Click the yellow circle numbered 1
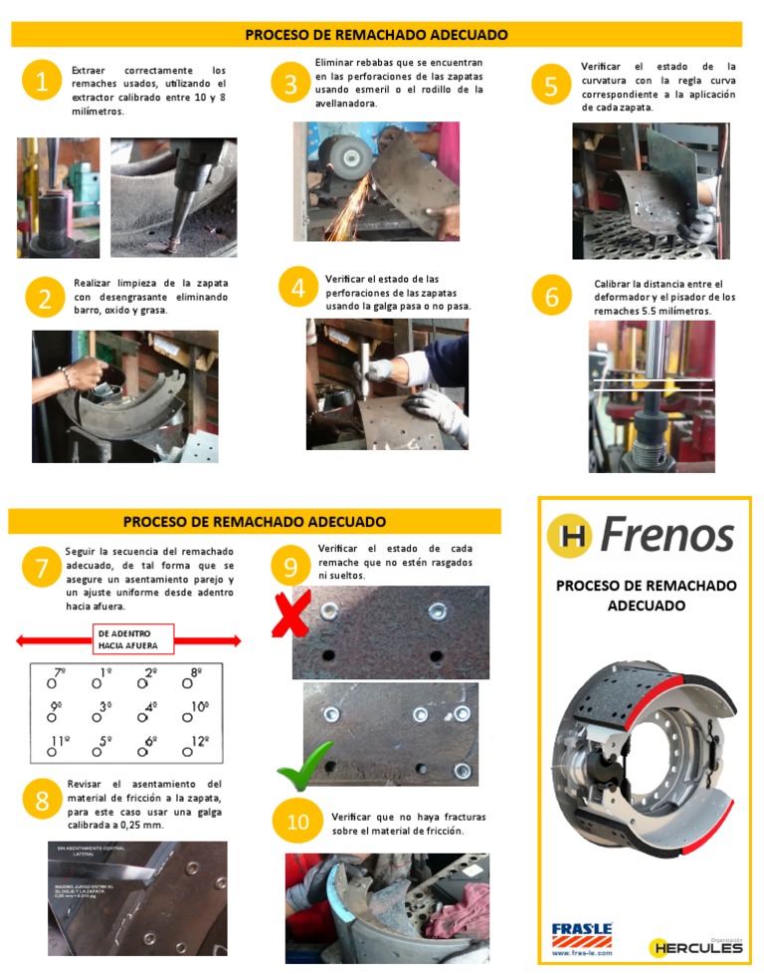(x=41, y=84)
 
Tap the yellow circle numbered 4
(x=297, y=289)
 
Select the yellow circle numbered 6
(x=551, y=296)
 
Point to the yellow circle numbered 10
(x=298, y=822)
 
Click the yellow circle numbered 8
(x=42, y=802)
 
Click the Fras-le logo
(x=582, y=937)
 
